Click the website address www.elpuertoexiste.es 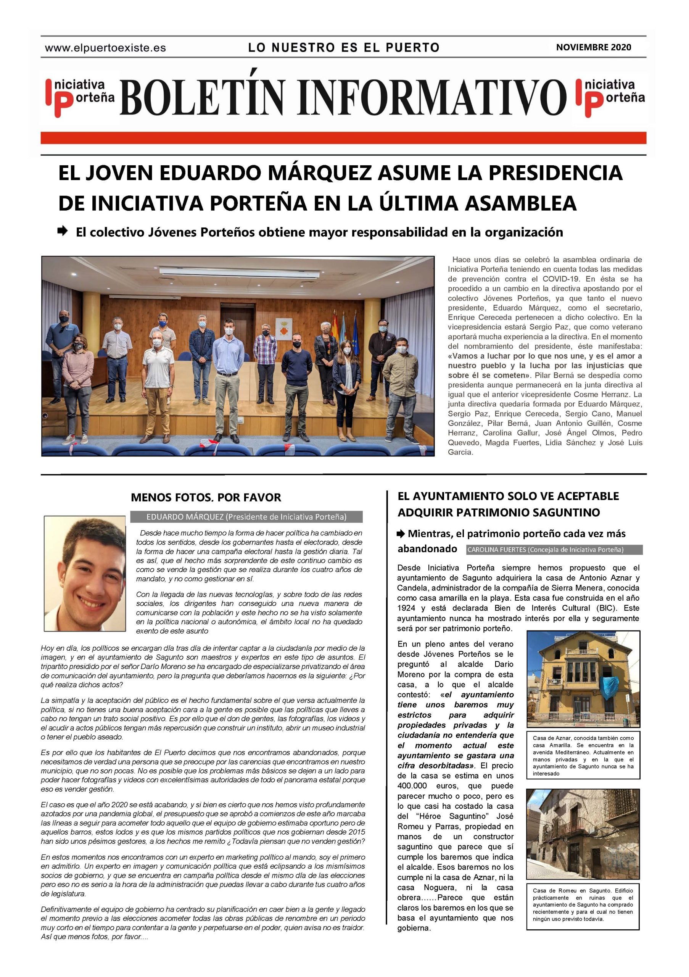click(105, 48)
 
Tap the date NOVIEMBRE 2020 click(593, 47)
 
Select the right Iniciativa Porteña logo click(610, 97)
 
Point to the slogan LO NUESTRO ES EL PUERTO click(344, 47)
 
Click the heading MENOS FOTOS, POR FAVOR click(206, 497)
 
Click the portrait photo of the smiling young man click(85, 573)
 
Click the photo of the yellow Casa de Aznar click(583, 678)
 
